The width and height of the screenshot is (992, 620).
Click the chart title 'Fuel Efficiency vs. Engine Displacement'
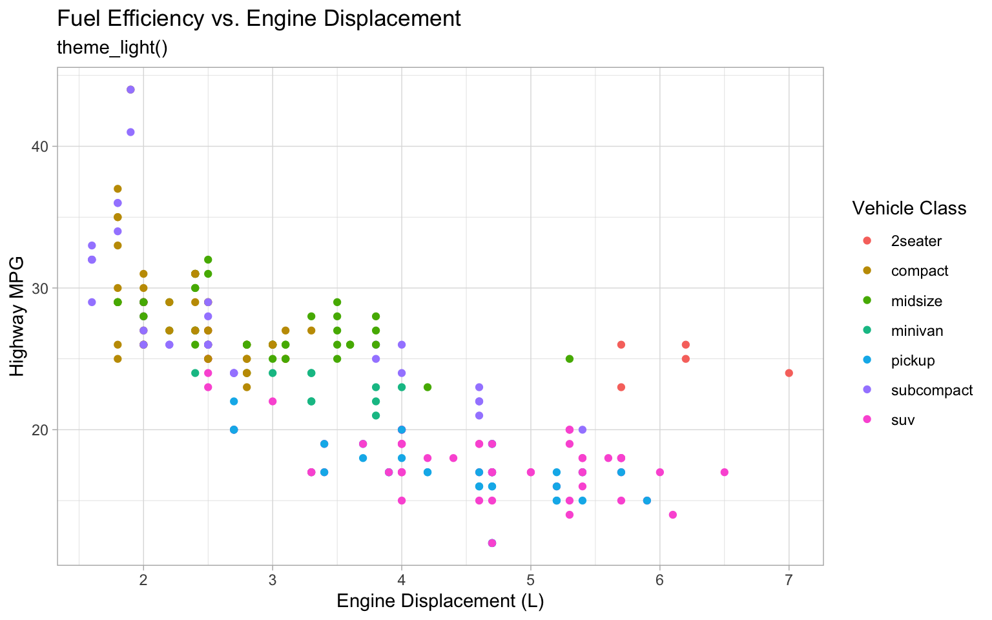click(x=259, y=19)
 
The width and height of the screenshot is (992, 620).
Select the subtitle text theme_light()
click(x=112, y=48)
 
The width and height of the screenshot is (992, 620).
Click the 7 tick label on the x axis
click(x=789, y=580)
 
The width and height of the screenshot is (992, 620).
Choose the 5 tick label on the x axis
click(x=531, y=580)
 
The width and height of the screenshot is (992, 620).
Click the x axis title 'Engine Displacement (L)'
click(x=440, y=601)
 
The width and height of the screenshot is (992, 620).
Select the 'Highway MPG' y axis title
click(x=17, y=316)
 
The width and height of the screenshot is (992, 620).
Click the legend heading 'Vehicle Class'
click(x=909, y=208)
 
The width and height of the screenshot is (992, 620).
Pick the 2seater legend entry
click(x=916, y=242)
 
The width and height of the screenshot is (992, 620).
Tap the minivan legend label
click(x=916, y=331)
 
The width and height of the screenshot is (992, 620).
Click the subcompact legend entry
click(x=931, y=391)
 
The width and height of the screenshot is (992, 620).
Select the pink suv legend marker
click(x=867, y=420)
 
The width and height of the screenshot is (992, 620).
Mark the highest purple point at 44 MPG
click(x=130, y=90)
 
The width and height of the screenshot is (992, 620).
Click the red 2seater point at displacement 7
click(x=789, y=373)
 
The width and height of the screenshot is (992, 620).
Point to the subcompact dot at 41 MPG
click(x=130, y=132)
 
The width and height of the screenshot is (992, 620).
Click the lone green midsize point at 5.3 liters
click(x=569, y=359)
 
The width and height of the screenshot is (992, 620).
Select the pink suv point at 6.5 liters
click(x=724, y=472)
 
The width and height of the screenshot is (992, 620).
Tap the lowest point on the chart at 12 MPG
click(x=492, y=543)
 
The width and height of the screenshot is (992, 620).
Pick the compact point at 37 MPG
click(x=118, y=189)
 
